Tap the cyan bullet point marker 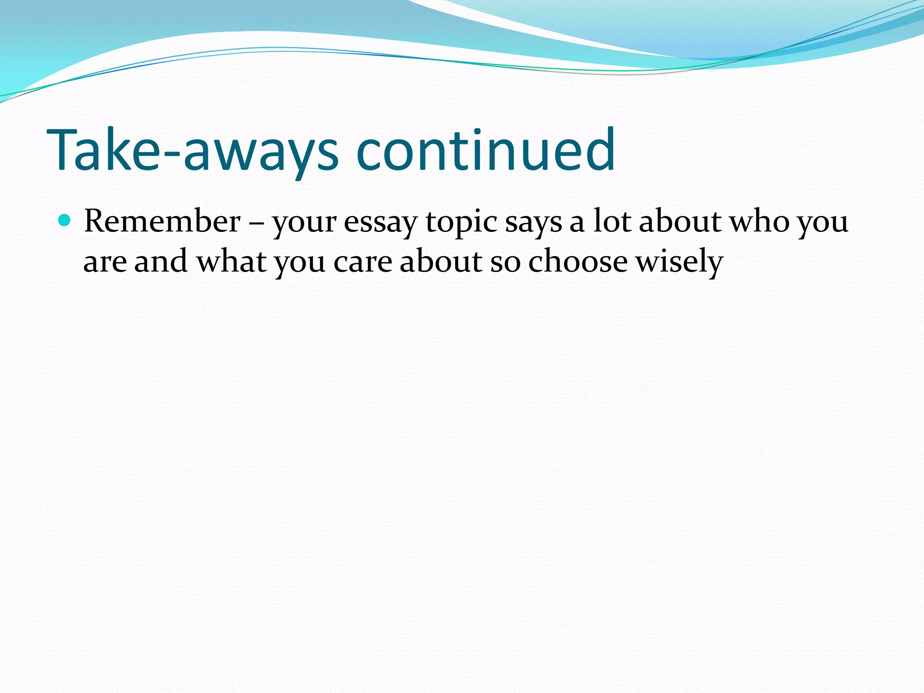pyautogui.click(x=65, y=221)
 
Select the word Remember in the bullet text pyautogui.click(x=162, y=222)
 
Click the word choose pyautogui.click(x=578, y=261)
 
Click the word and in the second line pyautogui.click(x=161, y=261)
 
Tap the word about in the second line pyautogui.click(x=441, y=261)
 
